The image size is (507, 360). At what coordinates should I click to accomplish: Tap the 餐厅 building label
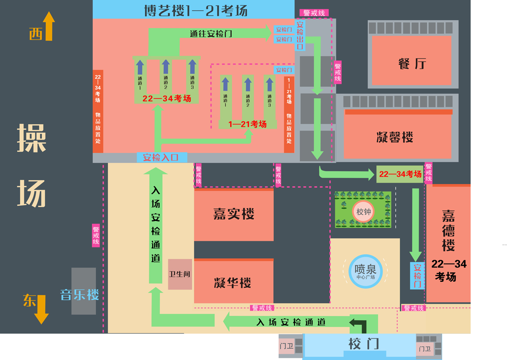pos(412,64)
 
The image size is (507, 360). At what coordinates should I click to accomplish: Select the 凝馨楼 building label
pos(395,137)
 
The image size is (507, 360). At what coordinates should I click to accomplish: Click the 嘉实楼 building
pos(234,214)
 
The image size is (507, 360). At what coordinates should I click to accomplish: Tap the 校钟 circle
pos(363,212)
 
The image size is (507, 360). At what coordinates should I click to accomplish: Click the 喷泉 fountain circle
pos(365,271)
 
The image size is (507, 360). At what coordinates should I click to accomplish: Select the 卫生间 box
pos(180,274)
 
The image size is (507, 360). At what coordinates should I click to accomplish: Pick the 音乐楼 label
pos(80,295)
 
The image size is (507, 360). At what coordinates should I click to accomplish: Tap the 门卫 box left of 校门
pos(286,345)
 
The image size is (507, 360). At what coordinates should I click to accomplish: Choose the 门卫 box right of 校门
pos(425,349)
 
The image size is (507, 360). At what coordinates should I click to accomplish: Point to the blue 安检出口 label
pos(300,35)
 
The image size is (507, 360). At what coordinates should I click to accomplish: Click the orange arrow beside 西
pos(49,26)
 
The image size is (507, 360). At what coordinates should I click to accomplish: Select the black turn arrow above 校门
pos(358,325)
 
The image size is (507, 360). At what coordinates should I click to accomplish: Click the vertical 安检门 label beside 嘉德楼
pos(417,275)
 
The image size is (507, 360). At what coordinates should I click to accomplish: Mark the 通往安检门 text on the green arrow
pos(211,34)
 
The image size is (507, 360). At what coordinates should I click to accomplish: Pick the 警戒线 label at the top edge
pos(314,13)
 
